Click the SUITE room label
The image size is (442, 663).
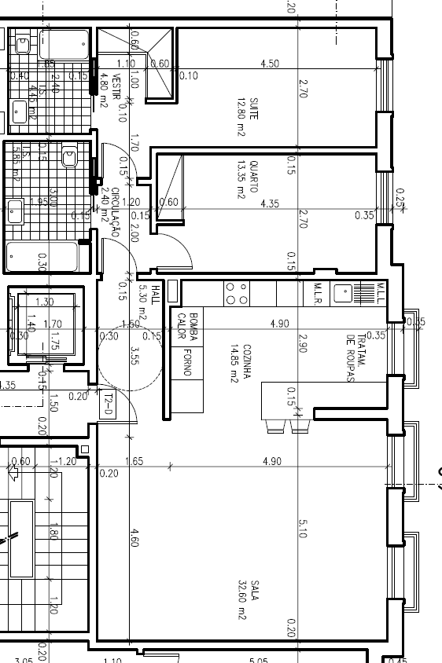coord(253,105)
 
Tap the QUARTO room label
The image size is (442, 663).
coord(253,178)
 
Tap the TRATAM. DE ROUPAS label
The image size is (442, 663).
coord(356,358)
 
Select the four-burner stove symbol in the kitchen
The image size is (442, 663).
coord(237,293)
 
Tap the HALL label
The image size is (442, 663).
coord(155,293)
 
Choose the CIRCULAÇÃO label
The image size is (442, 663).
coord(114,212)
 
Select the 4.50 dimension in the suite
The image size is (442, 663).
coord(270,64)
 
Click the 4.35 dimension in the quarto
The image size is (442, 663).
coord(270,203)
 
